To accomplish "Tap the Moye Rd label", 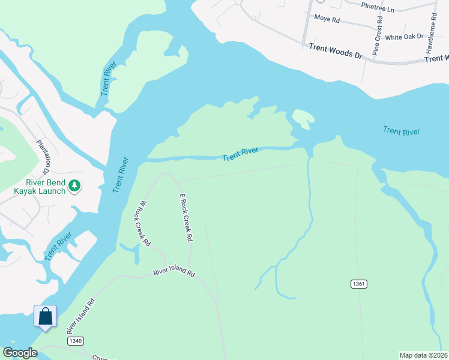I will point(327,20).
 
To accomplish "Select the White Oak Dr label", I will point(404,37).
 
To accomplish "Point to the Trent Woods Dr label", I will point(336,50).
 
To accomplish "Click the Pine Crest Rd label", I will point(378,36).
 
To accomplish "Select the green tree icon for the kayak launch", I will point(74,185).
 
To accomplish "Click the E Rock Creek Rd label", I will point(185,217).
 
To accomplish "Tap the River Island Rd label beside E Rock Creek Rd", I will point(174,273).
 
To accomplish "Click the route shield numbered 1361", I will point(359,283).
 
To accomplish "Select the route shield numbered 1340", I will point(75,341).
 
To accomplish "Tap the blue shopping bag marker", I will point(46,316).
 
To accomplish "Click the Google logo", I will point(20,353).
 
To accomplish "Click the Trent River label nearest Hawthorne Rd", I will point(402,131).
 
